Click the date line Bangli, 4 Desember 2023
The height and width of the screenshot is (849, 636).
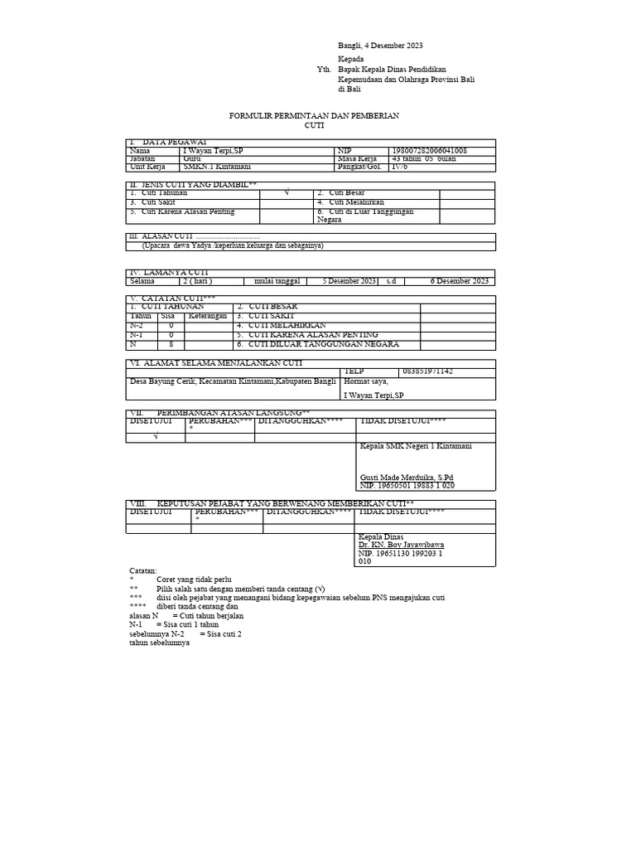[380, 46]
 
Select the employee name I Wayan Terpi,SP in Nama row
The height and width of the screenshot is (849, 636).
[214, 151]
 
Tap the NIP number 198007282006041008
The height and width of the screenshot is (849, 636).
[430, 151]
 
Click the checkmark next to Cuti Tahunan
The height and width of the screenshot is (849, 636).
[286, 192]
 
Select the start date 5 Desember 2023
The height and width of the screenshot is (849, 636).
[350, 281]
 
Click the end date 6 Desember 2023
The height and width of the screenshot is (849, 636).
[460, 281]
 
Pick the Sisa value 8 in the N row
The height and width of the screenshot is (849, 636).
[171, 344]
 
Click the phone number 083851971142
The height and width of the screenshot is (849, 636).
[427, 371]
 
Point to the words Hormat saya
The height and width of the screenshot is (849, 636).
[365, 381]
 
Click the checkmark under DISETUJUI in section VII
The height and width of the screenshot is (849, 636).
[155, 438]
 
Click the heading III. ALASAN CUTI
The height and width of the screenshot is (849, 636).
[164, 236]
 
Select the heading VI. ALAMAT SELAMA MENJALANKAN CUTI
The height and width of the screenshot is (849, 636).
[214, 363]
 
